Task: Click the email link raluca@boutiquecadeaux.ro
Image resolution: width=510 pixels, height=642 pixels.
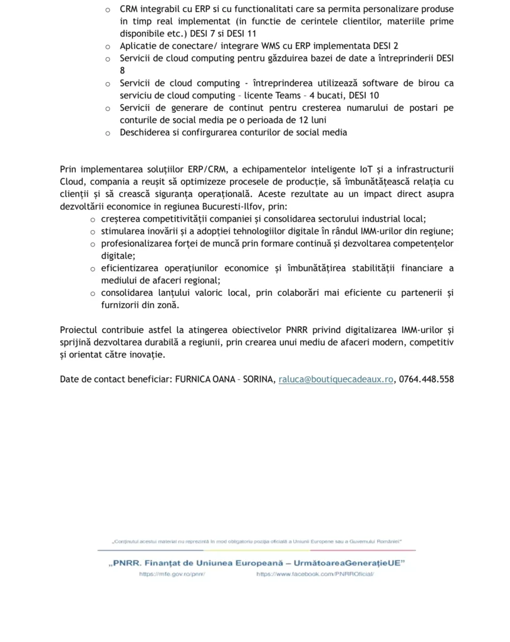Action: [336, 379]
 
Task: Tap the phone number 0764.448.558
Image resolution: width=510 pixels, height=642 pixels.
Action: [427, 379]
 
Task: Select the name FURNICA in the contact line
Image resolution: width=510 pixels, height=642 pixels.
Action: [195, 379]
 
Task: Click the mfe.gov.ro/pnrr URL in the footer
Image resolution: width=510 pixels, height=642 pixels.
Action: [172, 574]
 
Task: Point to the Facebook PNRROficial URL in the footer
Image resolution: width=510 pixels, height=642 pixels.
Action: [315, 574]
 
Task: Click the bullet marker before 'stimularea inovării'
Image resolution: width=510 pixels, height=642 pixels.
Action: [92, 231]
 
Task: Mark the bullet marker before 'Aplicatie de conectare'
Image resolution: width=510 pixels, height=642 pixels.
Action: [107, 46]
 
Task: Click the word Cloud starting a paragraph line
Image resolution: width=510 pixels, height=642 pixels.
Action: [72, 182]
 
